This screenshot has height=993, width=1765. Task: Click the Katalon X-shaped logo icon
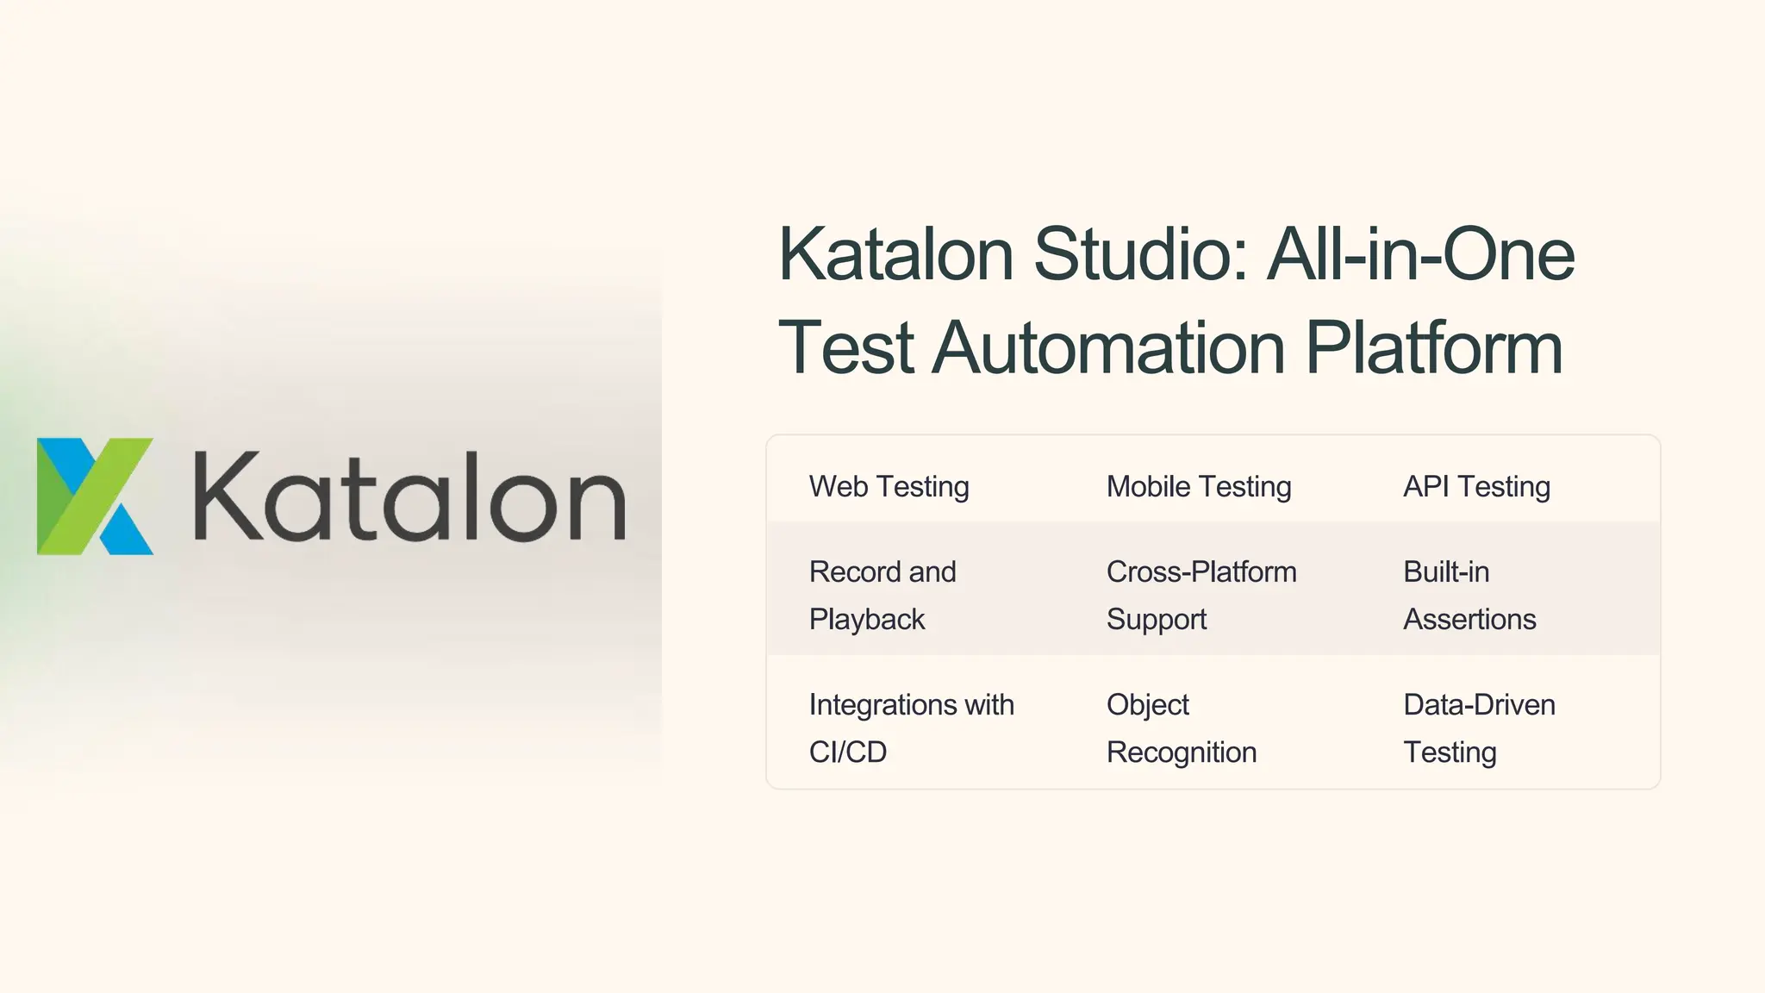[95, 496]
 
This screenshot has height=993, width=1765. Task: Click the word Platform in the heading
[1434, 347]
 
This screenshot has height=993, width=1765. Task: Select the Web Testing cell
[889, 487]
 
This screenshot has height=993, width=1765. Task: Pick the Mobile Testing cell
[1199, 487]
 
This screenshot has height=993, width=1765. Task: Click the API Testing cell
[1476, 487]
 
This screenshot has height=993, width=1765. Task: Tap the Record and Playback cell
[882, 596]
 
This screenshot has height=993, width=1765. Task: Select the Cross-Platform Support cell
[1201, 596]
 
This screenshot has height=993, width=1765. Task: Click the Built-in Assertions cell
[1469, 596]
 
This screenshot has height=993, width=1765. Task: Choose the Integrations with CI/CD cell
[911, 728]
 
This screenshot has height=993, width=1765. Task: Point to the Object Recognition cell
[1182, 728]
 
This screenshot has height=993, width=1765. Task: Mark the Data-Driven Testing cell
[1479, 728]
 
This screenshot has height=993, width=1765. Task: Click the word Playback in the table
[867, 620]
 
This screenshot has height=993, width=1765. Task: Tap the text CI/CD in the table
[848, 753]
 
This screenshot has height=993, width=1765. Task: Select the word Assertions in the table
[1469, 620]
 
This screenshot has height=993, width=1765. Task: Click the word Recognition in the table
[1182, 753]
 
